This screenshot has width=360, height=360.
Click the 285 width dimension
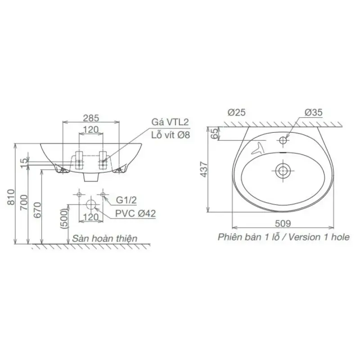pyautogui.click(x=91, y=118)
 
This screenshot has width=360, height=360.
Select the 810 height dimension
pyautogui.click(x=11, y=197)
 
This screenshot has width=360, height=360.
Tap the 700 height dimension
pyautogui.click(x=24, y=202)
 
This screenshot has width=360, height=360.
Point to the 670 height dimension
pyautogui.click(x=37, y=210)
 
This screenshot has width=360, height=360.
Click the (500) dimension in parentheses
pyautogui.click(x=64, y=218)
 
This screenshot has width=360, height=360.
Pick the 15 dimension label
pyautogui.click(x=24, y=163)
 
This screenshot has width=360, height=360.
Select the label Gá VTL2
pyautogui.click(x=170, y=122)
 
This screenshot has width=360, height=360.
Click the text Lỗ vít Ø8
pyautogui.click(x=171, y=135)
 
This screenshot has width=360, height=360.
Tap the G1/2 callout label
pyautogui.click(x=126, y=200)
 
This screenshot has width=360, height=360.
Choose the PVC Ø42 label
pyautogui.click(x=135, y=213)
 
